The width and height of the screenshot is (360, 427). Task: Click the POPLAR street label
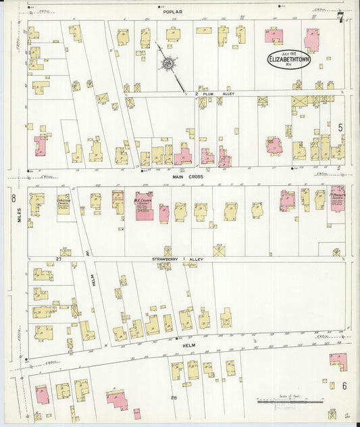click(x=174, y=11)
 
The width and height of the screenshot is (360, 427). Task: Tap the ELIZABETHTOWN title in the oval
click(x=289, y=59)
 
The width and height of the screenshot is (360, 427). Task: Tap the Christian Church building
click(x=63, y=204)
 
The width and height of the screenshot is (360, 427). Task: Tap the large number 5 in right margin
click(x=340, y=127)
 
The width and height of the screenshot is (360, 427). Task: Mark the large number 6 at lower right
click(x=344, y=385)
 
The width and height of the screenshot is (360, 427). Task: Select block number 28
click(x=174, y=397)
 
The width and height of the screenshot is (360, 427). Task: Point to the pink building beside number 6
click(x=338, y=361)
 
